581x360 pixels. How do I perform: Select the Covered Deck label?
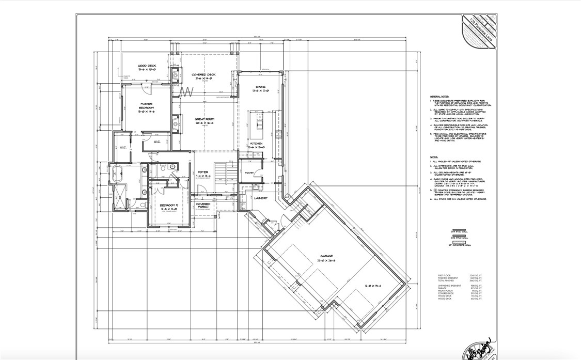[203, 75]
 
